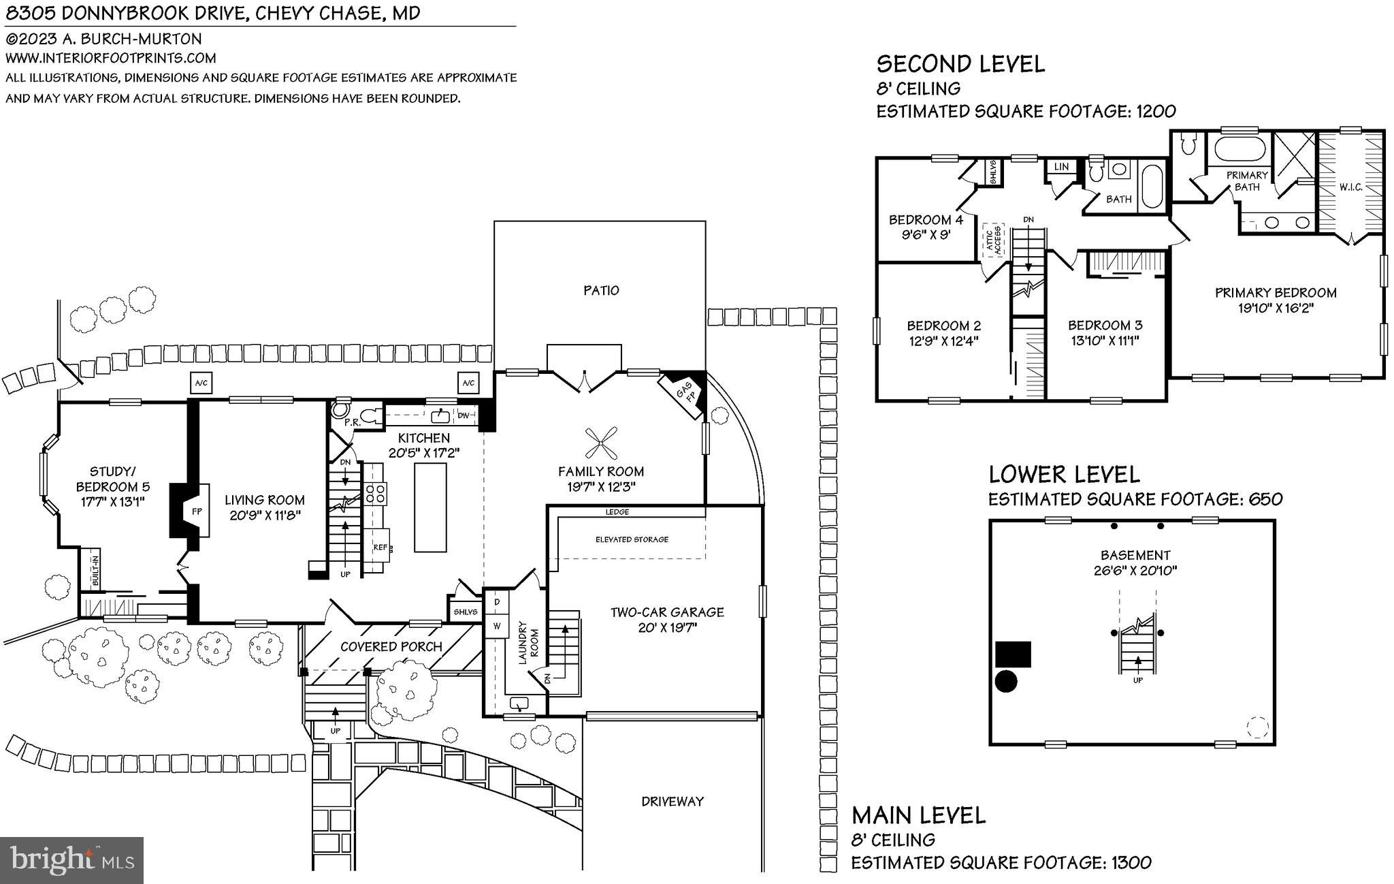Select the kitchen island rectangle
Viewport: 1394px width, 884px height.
tap(430, 507)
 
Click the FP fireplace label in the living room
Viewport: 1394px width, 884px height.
tap(197, 511)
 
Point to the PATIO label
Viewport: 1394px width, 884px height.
tap(601, 291)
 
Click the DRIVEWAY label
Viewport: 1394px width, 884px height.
tap(672, 802)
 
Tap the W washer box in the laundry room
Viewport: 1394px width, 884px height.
tap(497, 626)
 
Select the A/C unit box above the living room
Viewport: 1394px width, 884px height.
tap(201, 383)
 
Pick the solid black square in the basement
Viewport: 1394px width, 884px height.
tap(1013, 654)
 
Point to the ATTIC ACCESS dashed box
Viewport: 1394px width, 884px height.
tap(993, 240)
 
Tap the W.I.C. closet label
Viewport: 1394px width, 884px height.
tap(1350, 187)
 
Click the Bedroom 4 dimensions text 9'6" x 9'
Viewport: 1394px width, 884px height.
tap(925, 234)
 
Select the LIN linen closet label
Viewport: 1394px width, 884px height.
tap(1060, 167)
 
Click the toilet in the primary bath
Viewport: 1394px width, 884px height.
tap(1188, 144)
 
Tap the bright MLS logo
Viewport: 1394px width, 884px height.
tap(71, 860)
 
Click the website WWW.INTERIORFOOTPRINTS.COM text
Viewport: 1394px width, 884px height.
tap(111, 59)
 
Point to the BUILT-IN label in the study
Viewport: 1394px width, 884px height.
tap(95, 571)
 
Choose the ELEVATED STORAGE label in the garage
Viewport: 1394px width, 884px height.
tap(632, 539)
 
